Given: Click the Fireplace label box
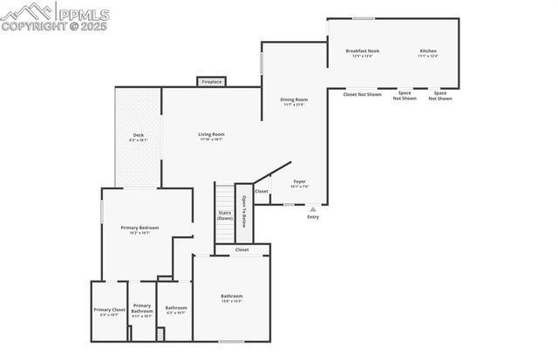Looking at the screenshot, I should tap(212, 82).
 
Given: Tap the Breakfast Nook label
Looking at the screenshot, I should tap(362, 52).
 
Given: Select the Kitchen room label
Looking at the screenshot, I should tap(428, 52).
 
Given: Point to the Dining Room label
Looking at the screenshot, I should tap(294, 101).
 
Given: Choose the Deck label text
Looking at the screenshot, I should tap(138, 137).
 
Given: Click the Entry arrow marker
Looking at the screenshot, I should tap(313, 209).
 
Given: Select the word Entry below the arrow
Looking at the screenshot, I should tap(313, 217).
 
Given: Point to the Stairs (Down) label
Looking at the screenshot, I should tap(225, 214).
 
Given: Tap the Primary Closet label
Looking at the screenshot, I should tap(110, 311).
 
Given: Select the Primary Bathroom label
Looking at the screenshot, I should tap(142, 310).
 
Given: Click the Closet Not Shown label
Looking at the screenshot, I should tap(362, 94).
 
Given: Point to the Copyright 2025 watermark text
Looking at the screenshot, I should tap(57, 26).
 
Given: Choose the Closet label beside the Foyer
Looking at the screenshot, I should tap(262, 191).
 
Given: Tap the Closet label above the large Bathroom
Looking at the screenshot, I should tap(242, 250).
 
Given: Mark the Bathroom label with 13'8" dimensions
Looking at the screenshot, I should tap(231, 298).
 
